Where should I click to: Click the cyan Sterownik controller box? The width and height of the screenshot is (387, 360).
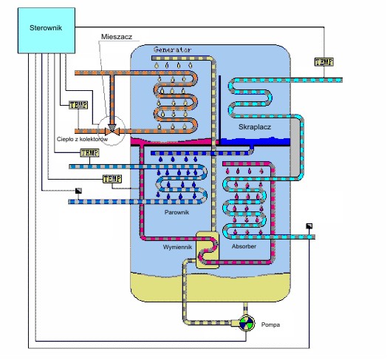click(x=47, y=30)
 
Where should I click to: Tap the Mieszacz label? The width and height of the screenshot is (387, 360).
click(x=117, y=37)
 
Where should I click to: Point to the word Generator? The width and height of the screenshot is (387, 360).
click(x=172, y=50)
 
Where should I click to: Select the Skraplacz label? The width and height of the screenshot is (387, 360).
click(x=255, y=127)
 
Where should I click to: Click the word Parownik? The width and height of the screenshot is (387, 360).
click(x=177, y=212)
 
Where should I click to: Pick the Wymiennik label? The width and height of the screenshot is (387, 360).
click(x=177, y=247)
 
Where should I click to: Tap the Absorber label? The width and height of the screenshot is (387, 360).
click(x=244, y=246)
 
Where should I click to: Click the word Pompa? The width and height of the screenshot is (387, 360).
click(x=270, y=325)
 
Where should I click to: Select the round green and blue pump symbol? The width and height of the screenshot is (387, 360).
click(x=247, y=323)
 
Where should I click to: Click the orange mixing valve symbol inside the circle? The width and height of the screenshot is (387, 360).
click(x=112, y=131)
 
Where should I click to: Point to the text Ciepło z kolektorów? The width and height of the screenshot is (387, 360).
click(x=82, y=139)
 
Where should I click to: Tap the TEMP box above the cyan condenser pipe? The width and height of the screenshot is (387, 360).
click(x=324, y=62)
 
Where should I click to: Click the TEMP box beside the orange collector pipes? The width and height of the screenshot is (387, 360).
click(x=78, y=105)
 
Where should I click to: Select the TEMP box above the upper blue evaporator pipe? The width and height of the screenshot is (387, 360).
click(x=89, y=153)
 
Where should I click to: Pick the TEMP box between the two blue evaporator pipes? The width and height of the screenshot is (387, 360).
click(x=112, y=179)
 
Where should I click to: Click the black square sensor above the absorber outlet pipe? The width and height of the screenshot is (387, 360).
click(x=309, y=226)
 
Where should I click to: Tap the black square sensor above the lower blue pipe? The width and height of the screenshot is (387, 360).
click(x=78, y=191)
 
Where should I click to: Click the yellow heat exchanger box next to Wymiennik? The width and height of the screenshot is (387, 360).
click(x=208, y=250)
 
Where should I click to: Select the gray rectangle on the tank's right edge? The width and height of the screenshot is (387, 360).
click(x=295, y=147)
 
